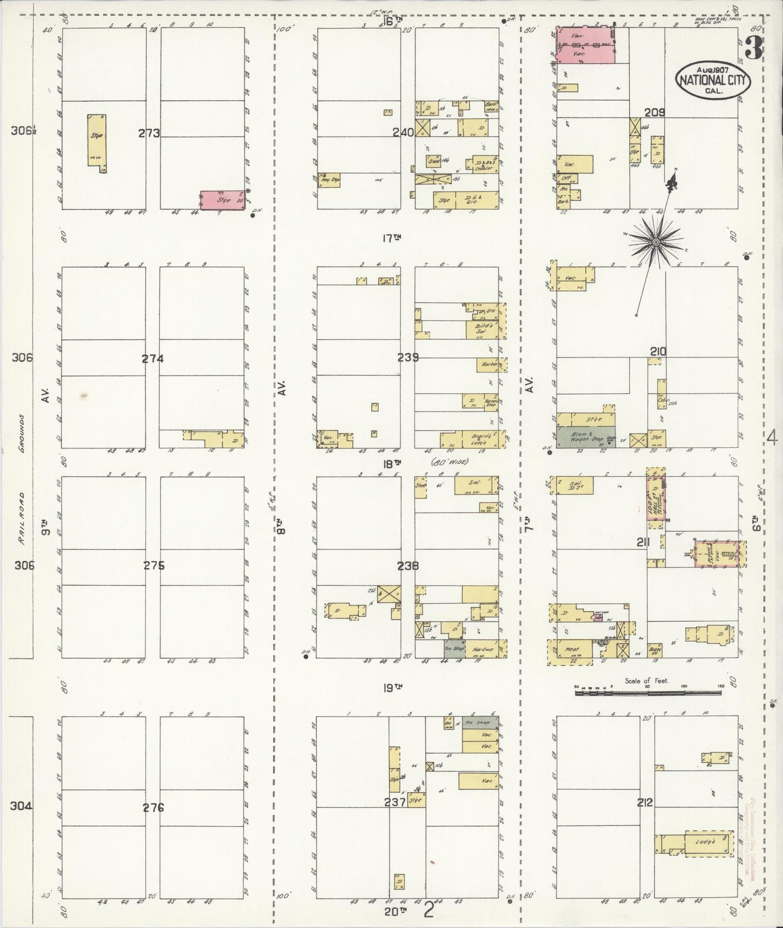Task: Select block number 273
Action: coord(149,133)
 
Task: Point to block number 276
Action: coord(153,808)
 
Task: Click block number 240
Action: coord(404,132)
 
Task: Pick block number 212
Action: coord(645,803)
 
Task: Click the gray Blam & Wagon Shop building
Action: coord(581,437)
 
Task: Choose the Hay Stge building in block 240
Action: coord(329,180)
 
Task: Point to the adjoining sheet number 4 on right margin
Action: coord(772,438)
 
